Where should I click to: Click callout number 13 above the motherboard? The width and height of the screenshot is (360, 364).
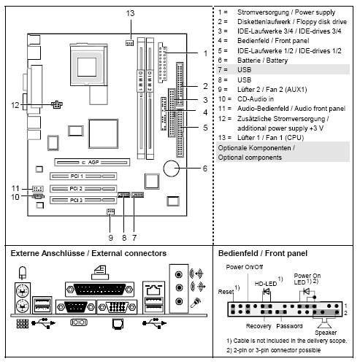tap(130, 14)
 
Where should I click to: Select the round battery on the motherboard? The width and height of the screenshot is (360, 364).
tap(173, 169)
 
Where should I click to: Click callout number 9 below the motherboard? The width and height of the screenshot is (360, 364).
tap(109, 237)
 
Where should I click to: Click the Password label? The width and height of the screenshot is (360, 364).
tap(289, 325)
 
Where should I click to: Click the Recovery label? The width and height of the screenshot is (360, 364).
tap(258, 325)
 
